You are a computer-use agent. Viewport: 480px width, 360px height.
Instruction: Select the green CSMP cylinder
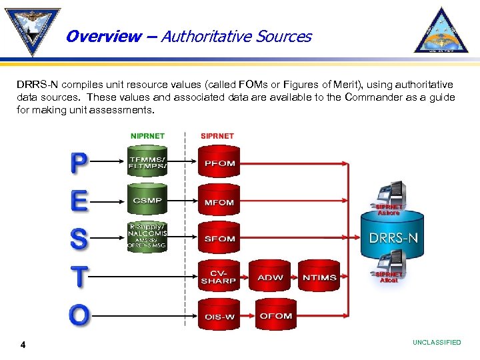147,199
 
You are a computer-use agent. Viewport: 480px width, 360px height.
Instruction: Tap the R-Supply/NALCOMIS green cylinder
147,237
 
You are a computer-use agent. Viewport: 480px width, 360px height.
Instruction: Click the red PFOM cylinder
219,163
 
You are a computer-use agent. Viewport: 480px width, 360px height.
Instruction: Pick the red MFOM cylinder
219,201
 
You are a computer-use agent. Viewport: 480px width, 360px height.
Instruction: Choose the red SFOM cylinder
219,238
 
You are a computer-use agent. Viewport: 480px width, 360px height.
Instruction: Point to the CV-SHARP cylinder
219,277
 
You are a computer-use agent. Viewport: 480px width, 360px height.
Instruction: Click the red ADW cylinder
269,277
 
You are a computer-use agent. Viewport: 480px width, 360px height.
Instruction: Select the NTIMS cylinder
319,277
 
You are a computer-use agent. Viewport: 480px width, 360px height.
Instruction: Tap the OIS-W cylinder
219,315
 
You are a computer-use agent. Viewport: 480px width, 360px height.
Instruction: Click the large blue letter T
78,276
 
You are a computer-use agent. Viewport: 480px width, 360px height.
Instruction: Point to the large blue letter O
78,314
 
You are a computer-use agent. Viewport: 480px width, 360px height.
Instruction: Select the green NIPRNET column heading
147,135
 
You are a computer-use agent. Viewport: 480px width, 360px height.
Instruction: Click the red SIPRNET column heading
217,135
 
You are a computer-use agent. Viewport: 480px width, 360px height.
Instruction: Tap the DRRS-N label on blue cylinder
394,237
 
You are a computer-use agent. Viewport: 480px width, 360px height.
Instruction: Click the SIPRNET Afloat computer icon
389,264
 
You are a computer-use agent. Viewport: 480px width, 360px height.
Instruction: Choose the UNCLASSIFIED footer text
437,343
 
